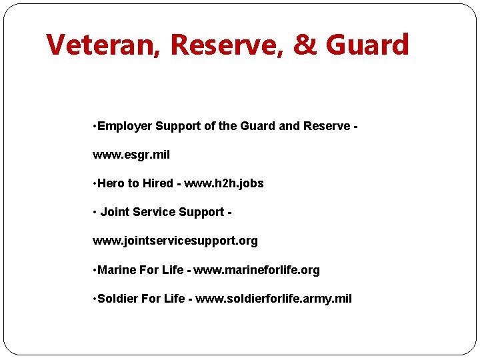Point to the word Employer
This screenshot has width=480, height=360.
click(x=125, y=126)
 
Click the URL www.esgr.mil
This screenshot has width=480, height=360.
click(x=131, y=155)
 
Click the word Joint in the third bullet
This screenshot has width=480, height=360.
click(x=115, y=212)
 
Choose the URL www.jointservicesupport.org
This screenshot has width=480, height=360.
click(x=175, y=241)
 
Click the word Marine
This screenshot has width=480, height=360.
click(x=117, y=270)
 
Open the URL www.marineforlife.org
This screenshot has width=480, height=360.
click(x=257, y=270)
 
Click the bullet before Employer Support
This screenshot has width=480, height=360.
click(x=95, y=126)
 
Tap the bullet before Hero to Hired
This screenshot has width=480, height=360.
click(x=95, y=183)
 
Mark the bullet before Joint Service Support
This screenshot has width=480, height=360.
click(x=95, y=212)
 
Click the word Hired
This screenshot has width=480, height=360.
click(x=157, y=183)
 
